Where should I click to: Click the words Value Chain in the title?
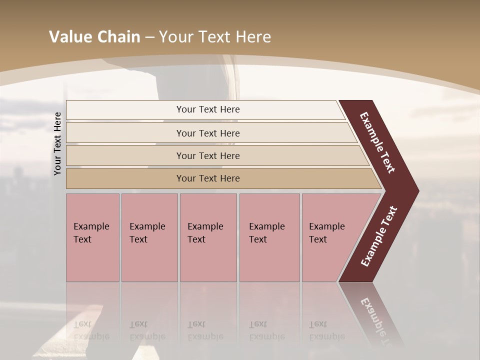coord(94,37)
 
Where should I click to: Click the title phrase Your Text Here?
coord(214,37)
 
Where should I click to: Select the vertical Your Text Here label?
coord(57,143)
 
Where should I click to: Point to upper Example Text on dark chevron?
coord(377,143)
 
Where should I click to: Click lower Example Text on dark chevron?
coord(379,236)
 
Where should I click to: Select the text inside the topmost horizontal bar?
coord(208,109)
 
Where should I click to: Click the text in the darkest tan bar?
coord(208,178)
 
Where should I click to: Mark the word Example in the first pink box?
coord(91,226)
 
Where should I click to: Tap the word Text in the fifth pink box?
coord(317,239)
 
